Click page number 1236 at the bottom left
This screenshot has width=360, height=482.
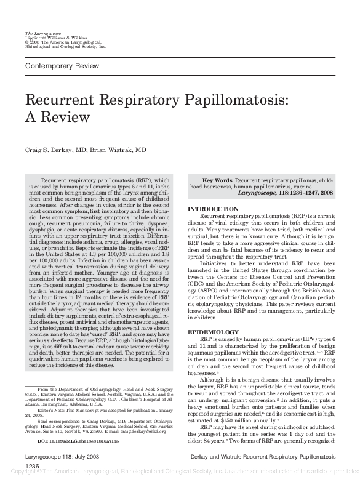coord(32,467)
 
